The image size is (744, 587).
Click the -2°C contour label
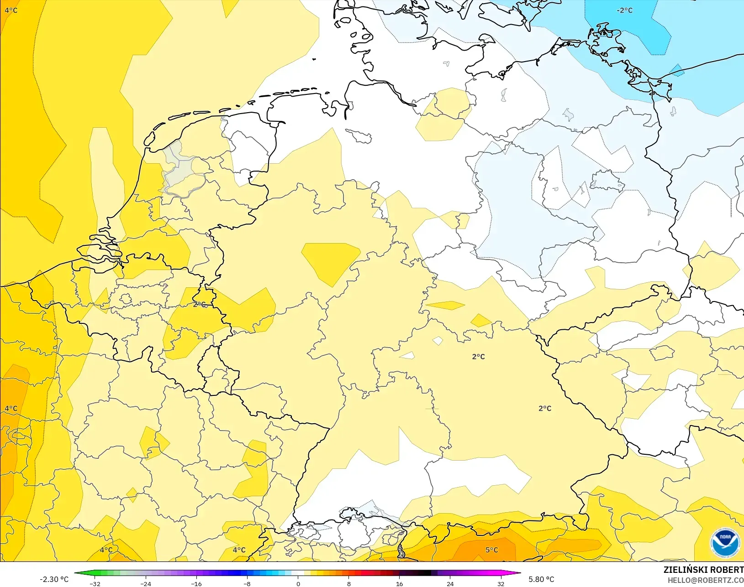pos(624,10)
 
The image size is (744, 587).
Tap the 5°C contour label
pos(491,550)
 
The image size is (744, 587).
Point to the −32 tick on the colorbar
pos(95,583)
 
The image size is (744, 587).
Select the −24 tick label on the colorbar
pos(146,583)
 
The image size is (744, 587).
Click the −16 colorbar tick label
pos(196,583)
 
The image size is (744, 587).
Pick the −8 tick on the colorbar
pos(247,583)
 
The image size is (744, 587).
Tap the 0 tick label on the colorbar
pos(298,583)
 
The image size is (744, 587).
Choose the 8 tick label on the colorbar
pos(348,583)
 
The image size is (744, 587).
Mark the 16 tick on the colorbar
pos(399,583)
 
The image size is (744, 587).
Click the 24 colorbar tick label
pos(450,583)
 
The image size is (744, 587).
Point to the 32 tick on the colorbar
pos(501,583)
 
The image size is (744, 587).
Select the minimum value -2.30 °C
pos(54,579)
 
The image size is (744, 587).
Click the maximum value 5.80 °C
pos(541,579)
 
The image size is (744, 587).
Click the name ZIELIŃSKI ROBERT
pos(703,570)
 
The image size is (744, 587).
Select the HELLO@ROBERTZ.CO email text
pos(706,580)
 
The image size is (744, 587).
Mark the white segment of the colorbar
pos(298,573)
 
